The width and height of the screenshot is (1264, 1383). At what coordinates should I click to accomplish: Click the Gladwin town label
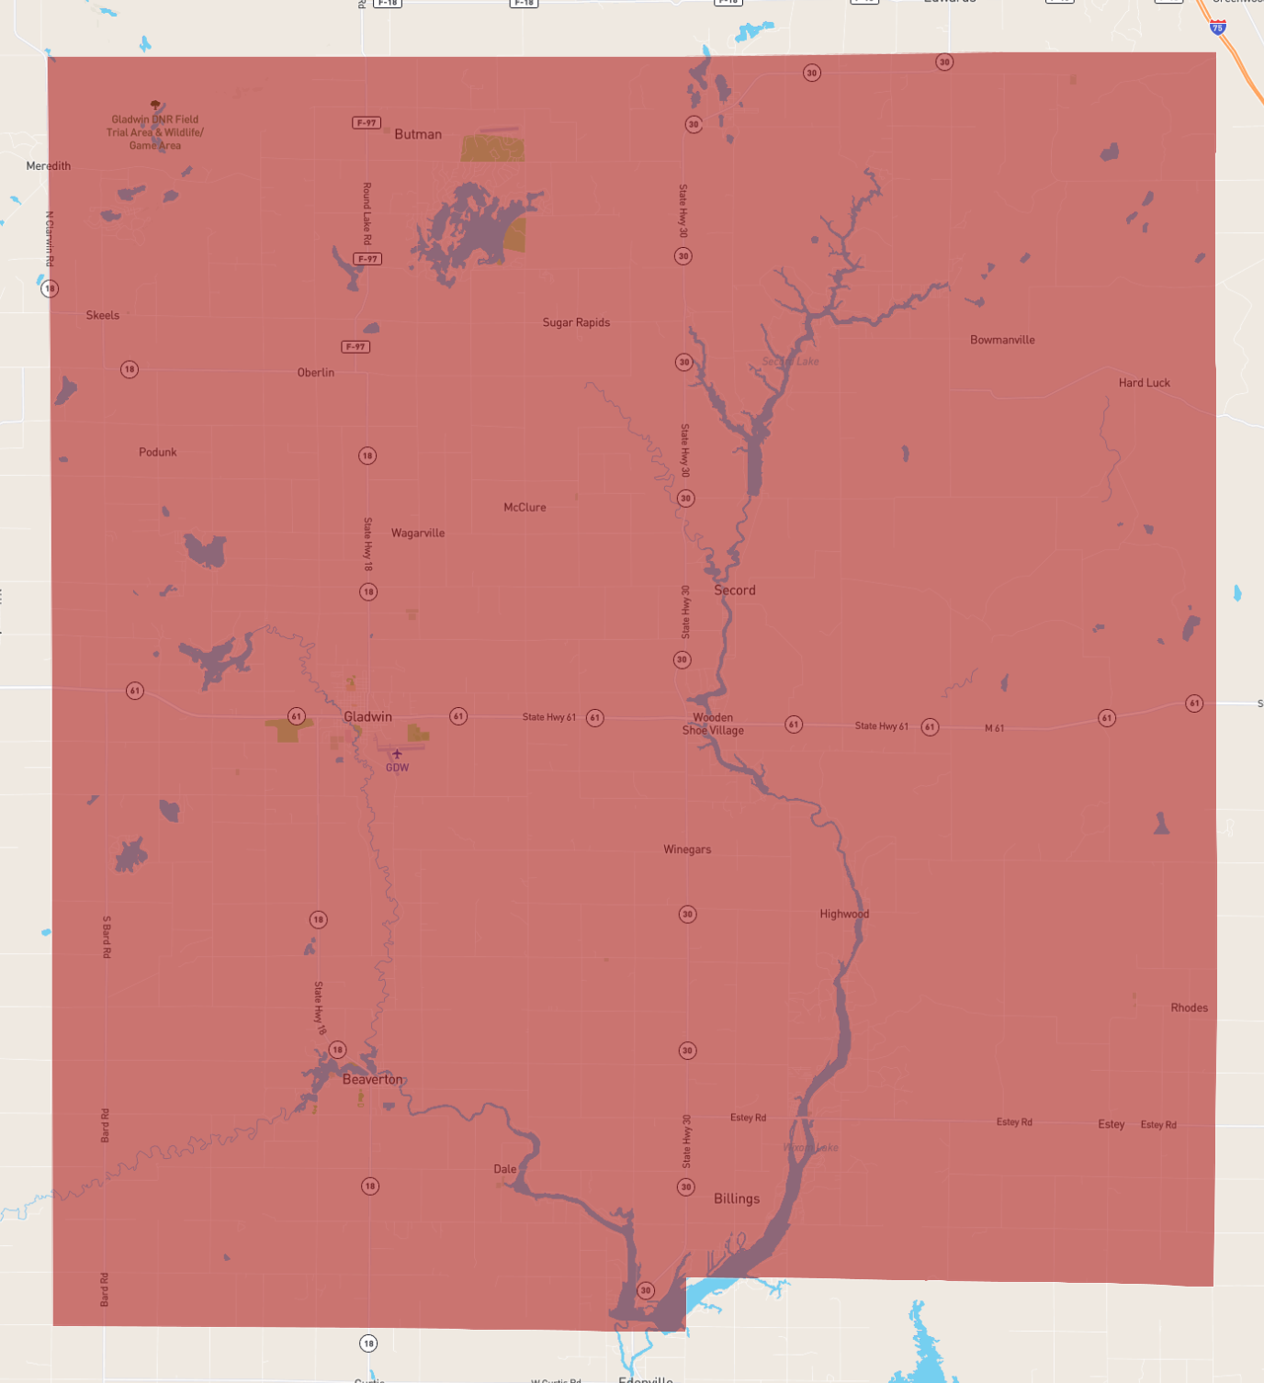(x=367, y=716)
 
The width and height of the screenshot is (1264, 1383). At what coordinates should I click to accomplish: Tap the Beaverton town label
(x=372, y=1079)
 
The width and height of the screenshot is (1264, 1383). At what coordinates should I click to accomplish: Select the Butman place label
(x=418, y=134)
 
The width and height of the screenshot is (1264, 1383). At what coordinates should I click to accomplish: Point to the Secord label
(x=735, y=590)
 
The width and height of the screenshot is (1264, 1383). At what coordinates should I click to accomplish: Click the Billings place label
(x=737, y=1198)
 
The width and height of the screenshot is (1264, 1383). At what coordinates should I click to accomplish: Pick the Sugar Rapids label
(x=576, y=322)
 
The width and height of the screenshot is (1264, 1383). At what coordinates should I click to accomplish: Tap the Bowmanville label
(x=1002, y=340)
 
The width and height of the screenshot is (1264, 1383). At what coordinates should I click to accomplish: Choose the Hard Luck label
(x=1144, y=383)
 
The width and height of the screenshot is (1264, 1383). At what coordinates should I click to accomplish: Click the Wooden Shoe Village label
(x=713, y=724)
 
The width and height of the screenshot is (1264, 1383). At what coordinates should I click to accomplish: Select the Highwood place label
(x=844, y=914)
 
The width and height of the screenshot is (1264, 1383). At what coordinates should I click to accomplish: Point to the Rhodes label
(x=1189, y=1007)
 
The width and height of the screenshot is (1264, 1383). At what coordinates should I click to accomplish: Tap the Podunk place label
(x=158, y=452)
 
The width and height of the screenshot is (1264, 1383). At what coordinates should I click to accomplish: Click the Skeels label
(x=103, y=315)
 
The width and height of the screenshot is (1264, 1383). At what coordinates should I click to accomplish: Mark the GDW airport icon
(x=397, y=754)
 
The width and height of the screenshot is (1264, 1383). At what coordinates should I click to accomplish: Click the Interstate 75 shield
(x=1217, y=28)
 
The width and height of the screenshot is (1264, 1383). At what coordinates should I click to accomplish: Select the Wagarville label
(x=418, y=533)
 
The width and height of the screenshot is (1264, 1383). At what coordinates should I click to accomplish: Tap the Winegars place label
(x=687, y=849)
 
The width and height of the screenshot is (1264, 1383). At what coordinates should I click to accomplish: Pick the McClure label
(x=525, y=507)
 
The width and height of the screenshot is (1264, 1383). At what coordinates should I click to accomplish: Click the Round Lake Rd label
(x=367, y=213)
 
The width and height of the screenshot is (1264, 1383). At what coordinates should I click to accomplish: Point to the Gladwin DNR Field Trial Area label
(x=155, y=132)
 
